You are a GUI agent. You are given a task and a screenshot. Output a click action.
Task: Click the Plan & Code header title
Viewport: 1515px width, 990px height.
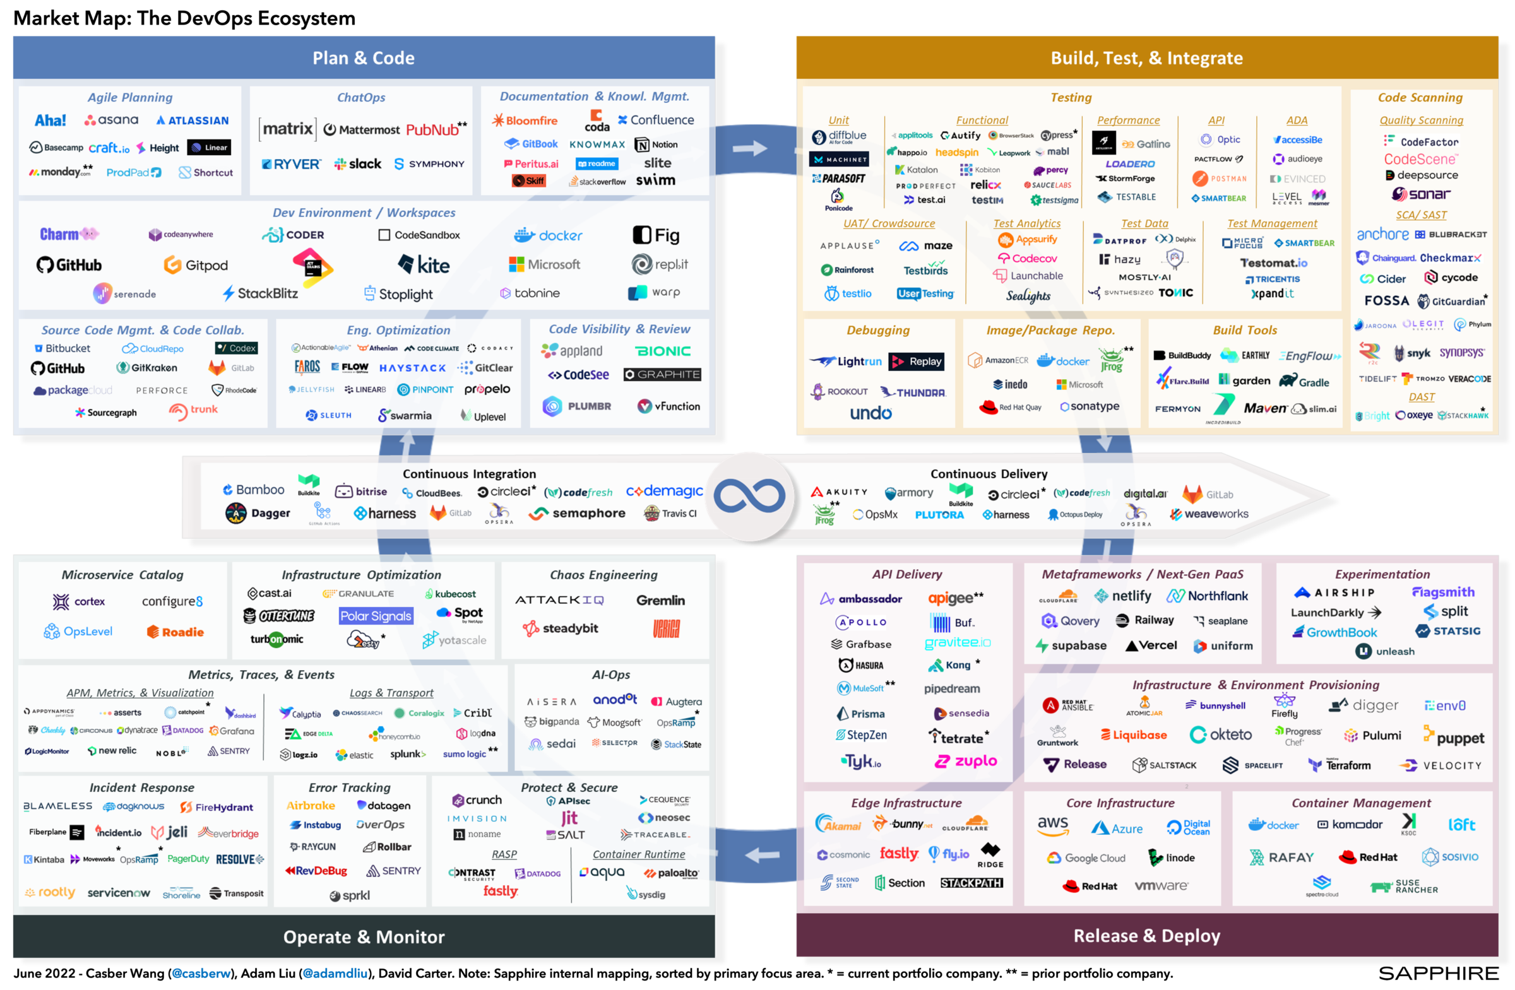(364, 58)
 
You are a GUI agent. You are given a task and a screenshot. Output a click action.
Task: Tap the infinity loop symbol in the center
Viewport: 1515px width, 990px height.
(749, 497)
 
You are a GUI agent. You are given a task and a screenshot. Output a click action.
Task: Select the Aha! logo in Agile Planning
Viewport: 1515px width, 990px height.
(50, 121)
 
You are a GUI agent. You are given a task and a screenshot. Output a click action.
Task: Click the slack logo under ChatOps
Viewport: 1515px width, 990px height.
(358, 164)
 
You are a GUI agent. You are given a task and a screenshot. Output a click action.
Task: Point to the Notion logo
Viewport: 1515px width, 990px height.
(656, 145)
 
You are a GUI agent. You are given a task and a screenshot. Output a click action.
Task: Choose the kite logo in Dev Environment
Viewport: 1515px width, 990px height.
(424, 264)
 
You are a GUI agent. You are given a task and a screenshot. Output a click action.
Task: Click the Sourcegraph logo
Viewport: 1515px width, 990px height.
(105, 412)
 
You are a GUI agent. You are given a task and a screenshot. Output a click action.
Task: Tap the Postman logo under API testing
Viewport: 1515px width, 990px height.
(1220, 179)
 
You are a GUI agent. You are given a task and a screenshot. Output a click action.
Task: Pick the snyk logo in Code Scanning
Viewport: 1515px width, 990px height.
(1412, 353)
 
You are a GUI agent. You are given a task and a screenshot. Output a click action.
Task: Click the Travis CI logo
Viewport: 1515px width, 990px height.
(670, 514)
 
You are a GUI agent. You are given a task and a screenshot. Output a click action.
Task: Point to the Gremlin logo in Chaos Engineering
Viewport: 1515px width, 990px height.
(661, 600)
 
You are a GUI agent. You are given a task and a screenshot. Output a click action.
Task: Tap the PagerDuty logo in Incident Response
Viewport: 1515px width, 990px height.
(187, 859)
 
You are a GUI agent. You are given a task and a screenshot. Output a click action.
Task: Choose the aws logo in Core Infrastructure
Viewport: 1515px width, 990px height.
(1053, 825)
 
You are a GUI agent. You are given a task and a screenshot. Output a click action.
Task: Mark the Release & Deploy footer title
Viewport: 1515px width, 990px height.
(1146, 935)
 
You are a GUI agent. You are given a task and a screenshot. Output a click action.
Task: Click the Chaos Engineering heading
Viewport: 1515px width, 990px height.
(603, 575)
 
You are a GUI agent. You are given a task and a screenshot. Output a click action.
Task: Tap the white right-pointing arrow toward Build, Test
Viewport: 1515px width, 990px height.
(750, 149)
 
